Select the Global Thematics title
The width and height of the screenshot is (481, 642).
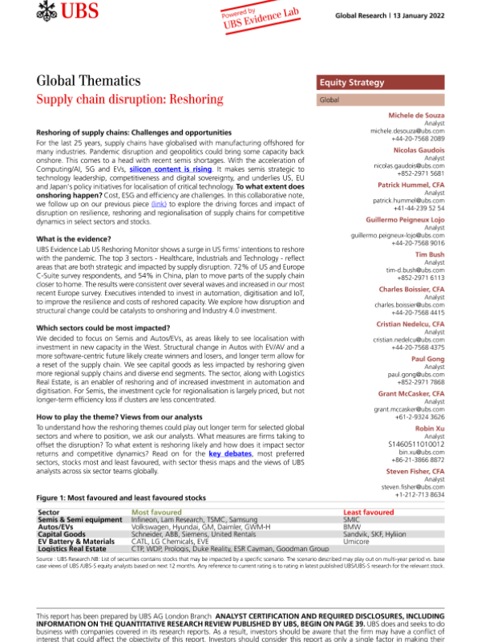tap(89, 81)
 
